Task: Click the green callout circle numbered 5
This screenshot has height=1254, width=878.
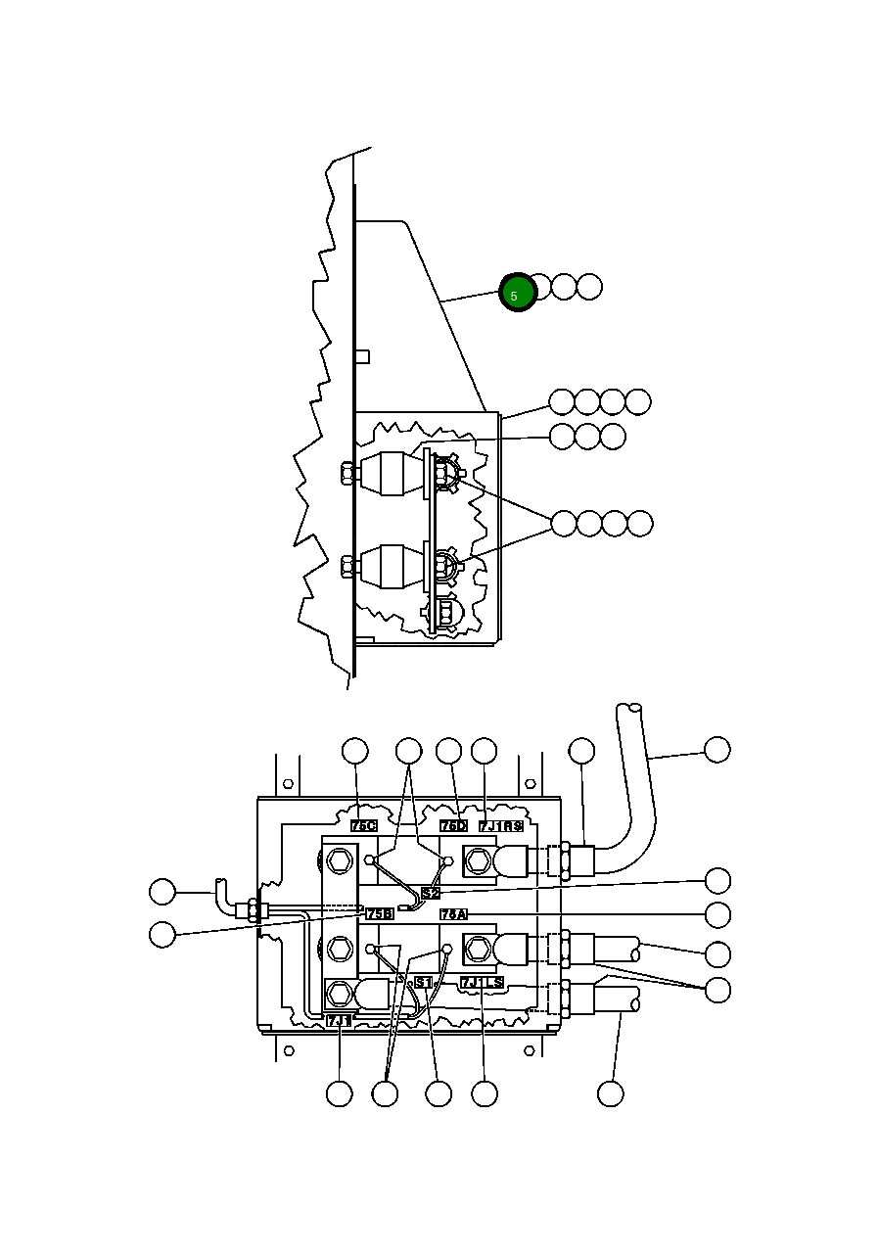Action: click(517, 293)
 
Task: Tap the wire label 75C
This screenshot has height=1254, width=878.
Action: click(364, 826)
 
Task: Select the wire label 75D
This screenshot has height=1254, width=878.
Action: click(453, 826)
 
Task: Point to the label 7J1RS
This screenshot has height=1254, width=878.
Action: click(501, 826)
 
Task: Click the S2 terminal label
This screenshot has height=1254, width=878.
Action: click(431, 893)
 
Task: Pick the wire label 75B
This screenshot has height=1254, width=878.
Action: click(380, 913)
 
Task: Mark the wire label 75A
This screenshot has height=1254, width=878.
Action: click(453, 913)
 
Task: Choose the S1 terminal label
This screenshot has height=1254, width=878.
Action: click(423, 982)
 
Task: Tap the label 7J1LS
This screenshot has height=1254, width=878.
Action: click(483, 982)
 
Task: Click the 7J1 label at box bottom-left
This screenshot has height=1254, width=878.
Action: click(339, 1020)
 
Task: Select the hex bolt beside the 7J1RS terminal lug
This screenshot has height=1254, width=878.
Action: click(477, 861)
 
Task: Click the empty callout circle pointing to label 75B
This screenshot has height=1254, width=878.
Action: click(162, 935)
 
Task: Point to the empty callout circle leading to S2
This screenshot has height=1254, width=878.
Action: click(717, 879)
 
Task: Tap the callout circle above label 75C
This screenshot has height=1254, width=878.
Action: click(354, 751)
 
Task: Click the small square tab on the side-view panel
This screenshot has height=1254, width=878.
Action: click(361, 356)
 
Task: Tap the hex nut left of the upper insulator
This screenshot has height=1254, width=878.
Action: click(348, 475)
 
